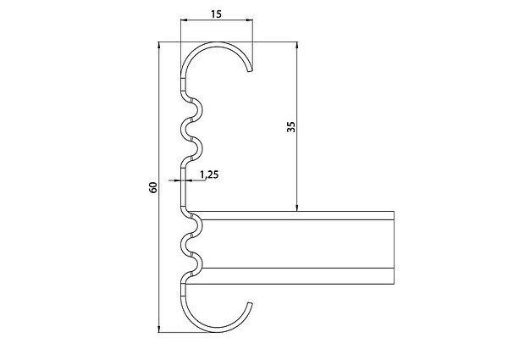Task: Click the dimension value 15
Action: (216, 14)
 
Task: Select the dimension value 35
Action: (291, 127)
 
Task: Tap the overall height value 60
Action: (153, 187)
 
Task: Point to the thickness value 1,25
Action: (209, 175)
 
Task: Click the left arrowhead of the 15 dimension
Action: (184, 20)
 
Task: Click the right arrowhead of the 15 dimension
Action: (249, 20)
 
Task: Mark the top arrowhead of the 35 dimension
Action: (297, 45)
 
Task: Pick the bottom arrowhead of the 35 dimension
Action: (297, 208)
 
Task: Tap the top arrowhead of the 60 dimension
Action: (159, 45)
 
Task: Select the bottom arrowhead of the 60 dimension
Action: (159, 329)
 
